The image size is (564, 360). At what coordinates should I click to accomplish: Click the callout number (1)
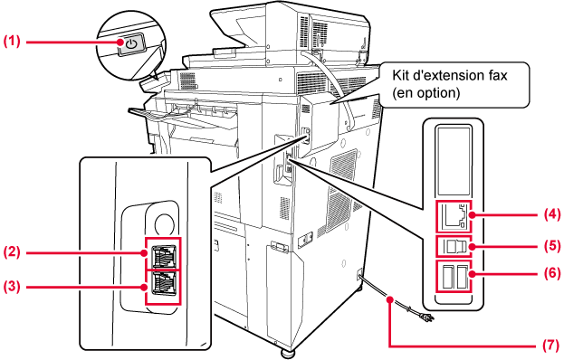click(x=12, y=41)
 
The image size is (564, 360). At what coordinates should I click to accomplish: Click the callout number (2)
click(x=12, y=251)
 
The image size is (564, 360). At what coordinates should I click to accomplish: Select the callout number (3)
click(x=12, y=287)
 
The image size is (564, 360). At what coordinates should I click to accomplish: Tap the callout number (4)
click(x=551, y=214)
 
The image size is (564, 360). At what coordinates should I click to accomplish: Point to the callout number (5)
click(x=551, y=246)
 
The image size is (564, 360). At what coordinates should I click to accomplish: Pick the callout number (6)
click(x=551, y=273)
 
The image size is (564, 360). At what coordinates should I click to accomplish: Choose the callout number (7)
click(x=551, y=346)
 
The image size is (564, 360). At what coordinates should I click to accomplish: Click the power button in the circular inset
click(x=131, y=45)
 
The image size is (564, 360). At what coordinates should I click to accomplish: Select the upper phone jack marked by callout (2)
click(x=164, y=255)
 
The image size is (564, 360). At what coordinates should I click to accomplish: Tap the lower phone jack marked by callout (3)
click(x=164, y=283)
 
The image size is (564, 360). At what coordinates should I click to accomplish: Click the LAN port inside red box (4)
click(x=454, y=216)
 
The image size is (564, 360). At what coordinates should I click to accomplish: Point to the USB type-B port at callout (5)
click(x=455, y=246)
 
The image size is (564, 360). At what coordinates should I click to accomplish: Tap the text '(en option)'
click(x=426, y=92)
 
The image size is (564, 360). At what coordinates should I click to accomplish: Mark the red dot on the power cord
click(x=389, y=298)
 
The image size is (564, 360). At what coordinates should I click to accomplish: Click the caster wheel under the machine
click(x=287, y=353)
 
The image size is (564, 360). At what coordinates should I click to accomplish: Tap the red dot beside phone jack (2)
click(x=144, y=252)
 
